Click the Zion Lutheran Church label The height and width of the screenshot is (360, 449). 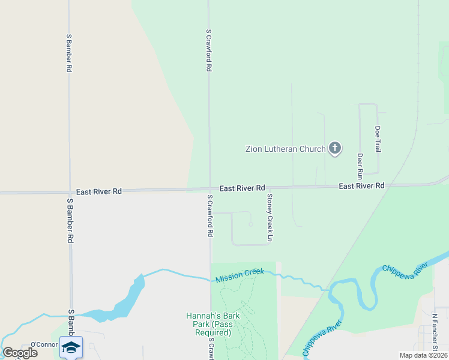tap(285, 149)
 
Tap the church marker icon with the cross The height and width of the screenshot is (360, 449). tap(335, 148)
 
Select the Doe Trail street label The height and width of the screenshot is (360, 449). tap(378, 139)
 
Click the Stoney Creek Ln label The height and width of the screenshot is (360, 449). tap(270, 217)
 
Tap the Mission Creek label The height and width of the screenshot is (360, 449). tap(240, 275)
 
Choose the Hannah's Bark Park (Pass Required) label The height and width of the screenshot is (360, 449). tap(208, 324)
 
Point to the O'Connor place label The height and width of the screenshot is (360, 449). tap(44, 344)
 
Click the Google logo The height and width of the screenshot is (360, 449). tap(20, 352)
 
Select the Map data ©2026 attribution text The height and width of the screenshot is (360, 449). tap(423, 355)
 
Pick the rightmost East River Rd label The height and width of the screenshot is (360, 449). tap(361, 186)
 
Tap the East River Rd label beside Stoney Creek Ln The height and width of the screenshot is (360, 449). tap(242, 188)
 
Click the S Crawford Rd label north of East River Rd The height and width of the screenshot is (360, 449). tap(209, 50)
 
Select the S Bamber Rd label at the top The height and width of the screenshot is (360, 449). tap(69, 53)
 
